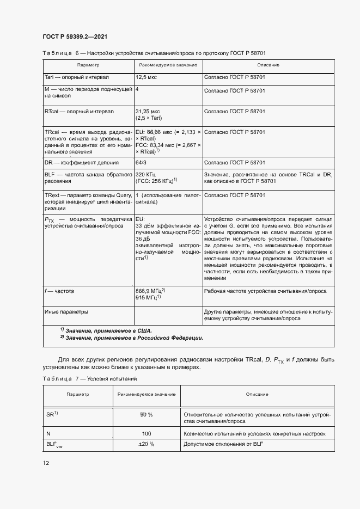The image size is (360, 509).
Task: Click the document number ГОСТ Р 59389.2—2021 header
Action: tap(74, 36)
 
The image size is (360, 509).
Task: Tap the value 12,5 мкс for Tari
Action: tap(146, 78)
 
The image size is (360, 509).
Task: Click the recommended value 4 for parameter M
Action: tap(137, 88)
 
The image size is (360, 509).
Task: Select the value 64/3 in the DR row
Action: tap(141, 162)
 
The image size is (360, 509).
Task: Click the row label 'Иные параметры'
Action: tap(66, 312)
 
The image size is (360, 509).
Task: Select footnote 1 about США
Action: tap(106, 330)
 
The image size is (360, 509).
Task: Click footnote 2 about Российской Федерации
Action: tap(131, 338)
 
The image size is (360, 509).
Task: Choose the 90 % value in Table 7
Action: tap(147, 415)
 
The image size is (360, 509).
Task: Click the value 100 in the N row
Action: tap(146, 434)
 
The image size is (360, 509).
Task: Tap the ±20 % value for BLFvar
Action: tap(146, 445)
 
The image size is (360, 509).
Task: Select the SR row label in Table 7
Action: tap(52, 415)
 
